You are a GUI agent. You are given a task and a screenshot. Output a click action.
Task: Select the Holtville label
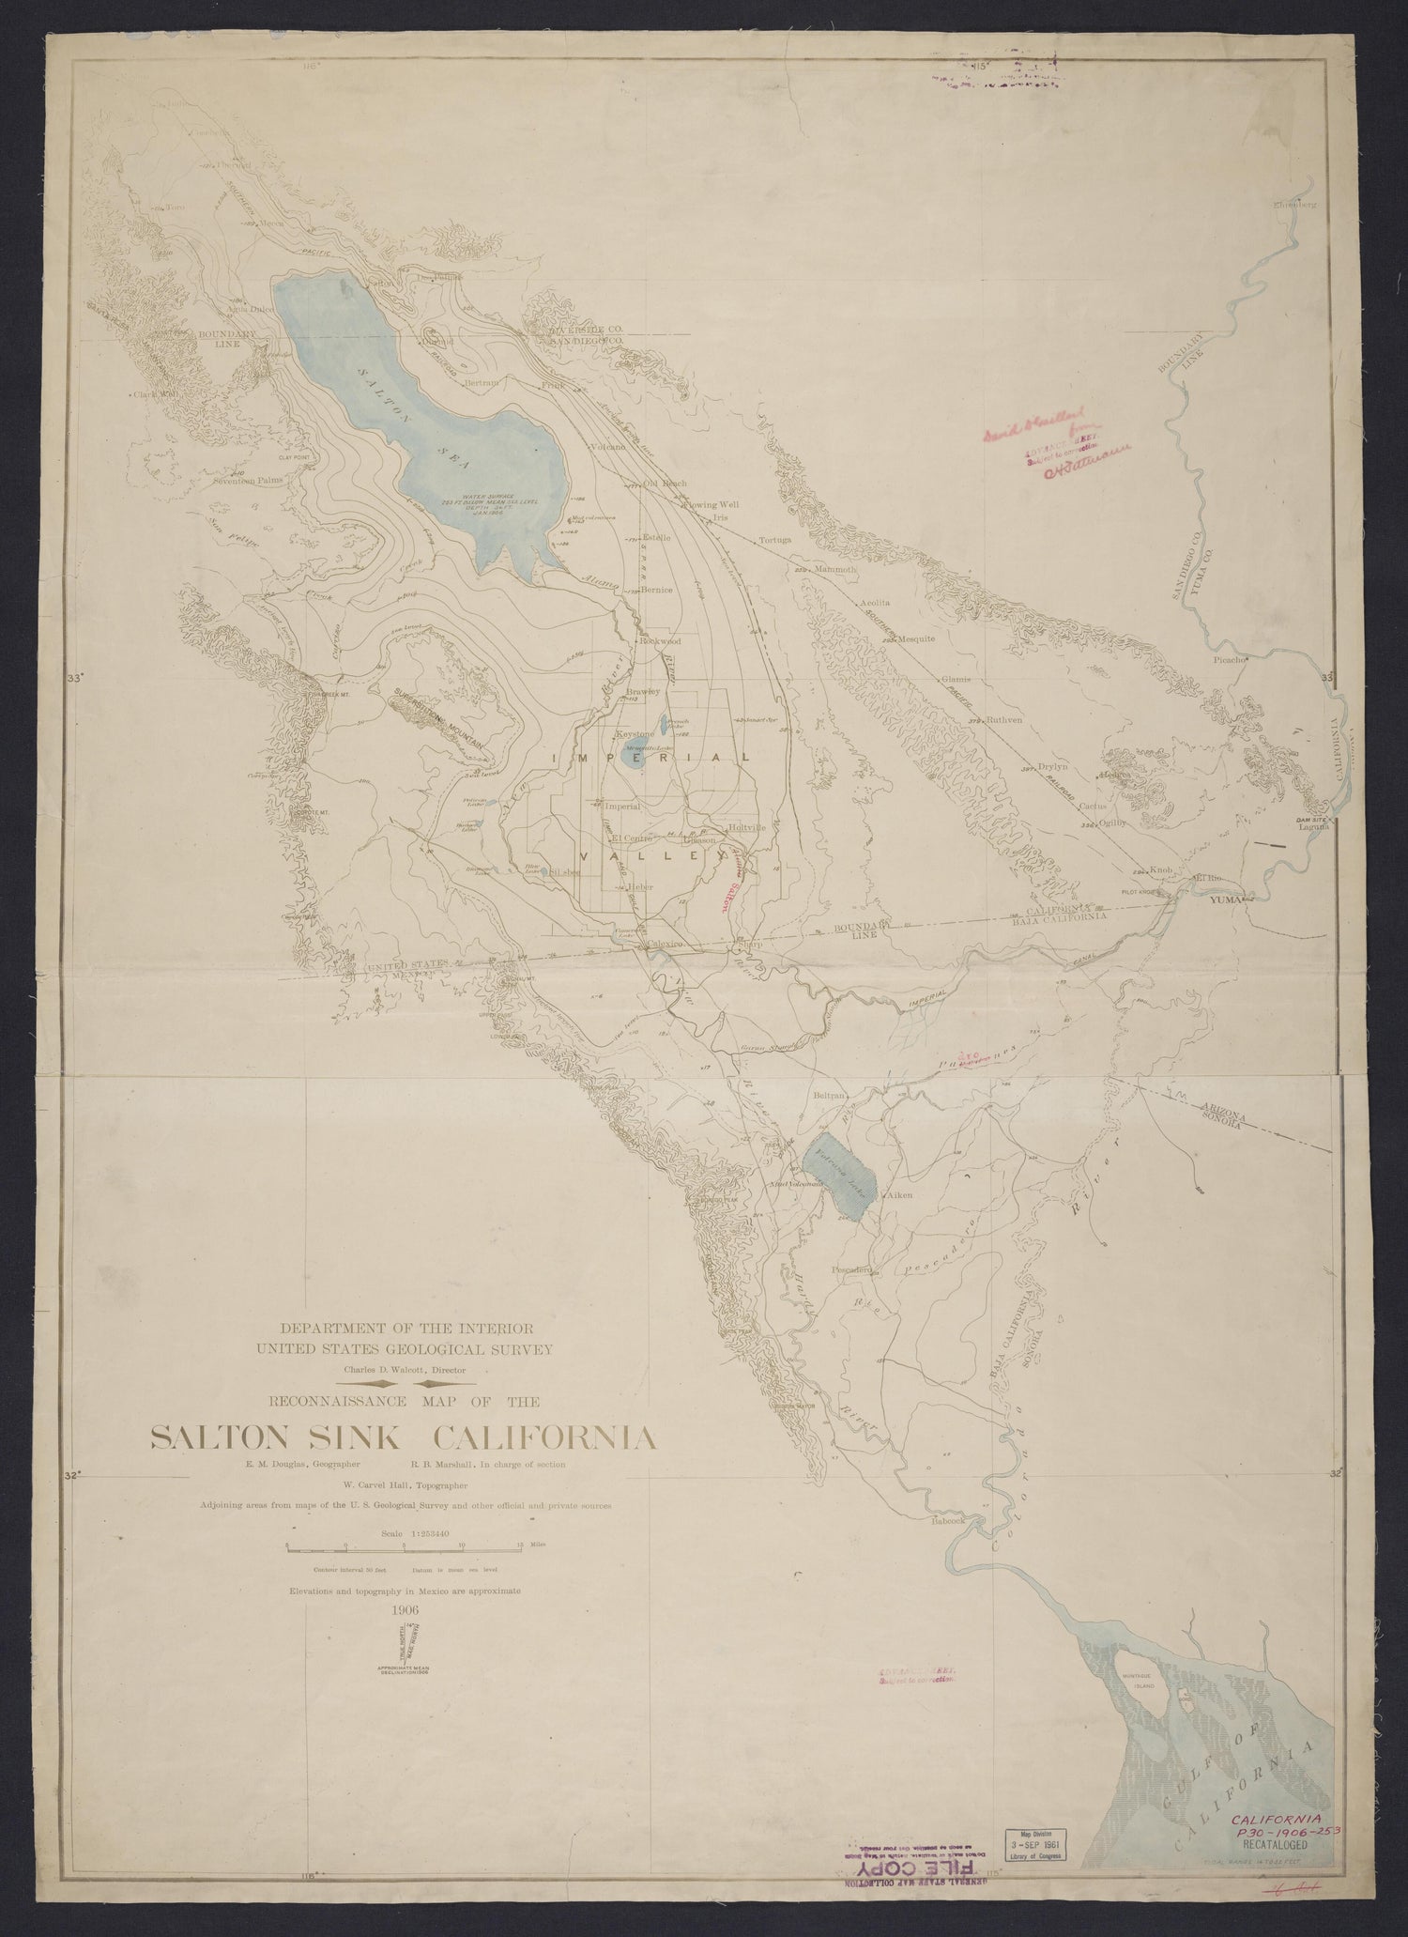point(748,827)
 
